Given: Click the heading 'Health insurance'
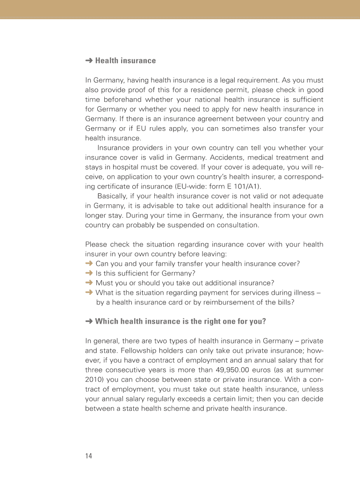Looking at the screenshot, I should click(125, 61).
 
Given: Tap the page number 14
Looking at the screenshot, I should click(89, 456).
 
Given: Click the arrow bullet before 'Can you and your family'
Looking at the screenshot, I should click(89, 264).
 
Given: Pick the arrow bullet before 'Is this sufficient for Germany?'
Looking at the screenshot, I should click(89, 273).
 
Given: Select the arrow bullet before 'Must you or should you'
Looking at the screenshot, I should click(89, 283).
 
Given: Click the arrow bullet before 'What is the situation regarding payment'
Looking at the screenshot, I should click(89, 293).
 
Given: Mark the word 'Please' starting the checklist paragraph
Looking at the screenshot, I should click(96, 245).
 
